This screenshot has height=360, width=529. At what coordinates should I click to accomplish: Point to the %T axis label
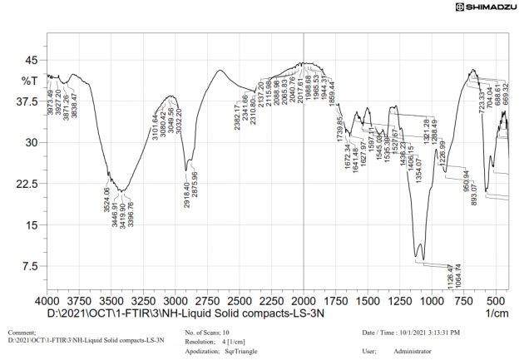[x=29, y=81]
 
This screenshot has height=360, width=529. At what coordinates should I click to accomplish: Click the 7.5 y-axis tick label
[x=29, y=266]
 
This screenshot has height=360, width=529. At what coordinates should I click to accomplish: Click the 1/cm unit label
[x=497, y=313]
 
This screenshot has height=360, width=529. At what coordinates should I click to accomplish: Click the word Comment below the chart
[x=22, y=333]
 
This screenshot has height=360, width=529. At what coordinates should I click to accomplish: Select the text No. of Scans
[x=203, y=333]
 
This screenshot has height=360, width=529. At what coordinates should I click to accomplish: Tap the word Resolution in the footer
[x=201, y=342]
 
